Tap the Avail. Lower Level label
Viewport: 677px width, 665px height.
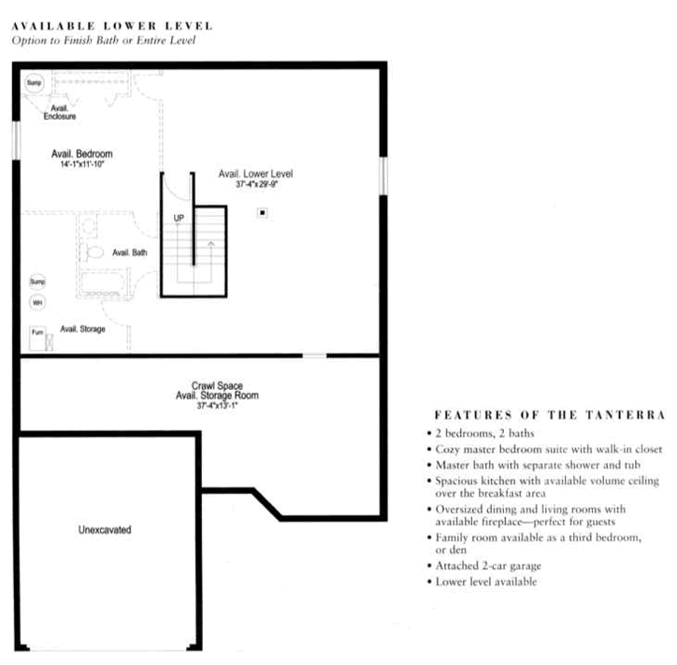[256, 174]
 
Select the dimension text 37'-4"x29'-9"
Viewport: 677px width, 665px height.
[257, 184]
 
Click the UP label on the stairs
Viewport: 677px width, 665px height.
[178, 219]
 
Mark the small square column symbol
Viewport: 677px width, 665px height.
[263, 213]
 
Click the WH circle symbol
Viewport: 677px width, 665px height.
[38, 302]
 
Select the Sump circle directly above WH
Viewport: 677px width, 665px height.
[38, 281]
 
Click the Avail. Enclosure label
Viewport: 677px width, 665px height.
[59, 112]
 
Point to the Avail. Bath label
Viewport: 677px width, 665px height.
[129, 253]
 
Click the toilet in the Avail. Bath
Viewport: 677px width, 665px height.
[94, 252]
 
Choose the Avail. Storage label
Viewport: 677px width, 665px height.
[82, 328]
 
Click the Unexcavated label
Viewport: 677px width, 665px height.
[105, 529]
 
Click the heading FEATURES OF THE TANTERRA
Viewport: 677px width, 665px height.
[550, 414]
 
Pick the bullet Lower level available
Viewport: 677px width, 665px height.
[485, 582]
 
